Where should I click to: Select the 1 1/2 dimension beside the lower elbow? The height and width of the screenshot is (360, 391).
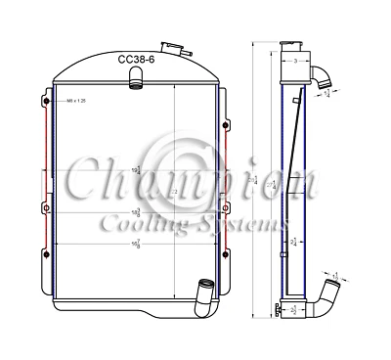[337, 278]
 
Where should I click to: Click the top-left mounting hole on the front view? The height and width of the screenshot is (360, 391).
[43, 98]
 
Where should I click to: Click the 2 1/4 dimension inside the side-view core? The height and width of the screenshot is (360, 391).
[294, 242]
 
